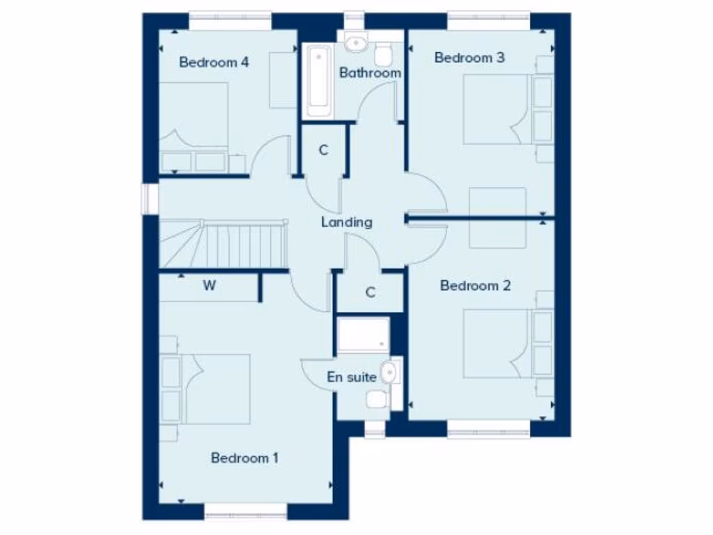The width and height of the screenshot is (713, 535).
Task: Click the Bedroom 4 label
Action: point(214,62)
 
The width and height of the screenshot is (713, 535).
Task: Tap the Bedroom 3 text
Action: point(469,58)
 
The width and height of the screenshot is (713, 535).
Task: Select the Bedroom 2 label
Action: point(476,286)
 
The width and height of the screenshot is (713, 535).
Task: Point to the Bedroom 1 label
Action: point(244,458)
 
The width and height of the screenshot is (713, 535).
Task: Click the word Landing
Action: point(347,223)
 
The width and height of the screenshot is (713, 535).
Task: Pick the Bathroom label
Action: point(370,72)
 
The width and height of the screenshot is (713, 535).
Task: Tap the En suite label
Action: point(352,378)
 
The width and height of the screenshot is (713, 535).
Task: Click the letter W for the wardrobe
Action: point(209,286)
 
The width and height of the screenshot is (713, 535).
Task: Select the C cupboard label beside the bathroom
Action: point(323,150)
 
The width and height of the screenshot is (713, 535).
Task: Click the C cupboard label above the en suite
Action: point(370,293)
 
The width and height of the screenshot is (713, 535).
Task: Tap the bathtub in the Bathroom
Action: point(319,80)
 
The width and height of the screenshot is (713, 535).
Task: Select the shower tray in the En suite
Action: point(363,336)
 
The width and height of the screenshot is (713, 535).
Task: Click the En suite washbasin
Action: point(389,373)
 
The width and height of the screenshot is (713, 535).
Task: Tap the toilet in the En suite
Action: point(377,399)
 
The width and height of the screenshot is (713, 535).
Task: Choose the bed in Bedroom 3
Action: point(496,109)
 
